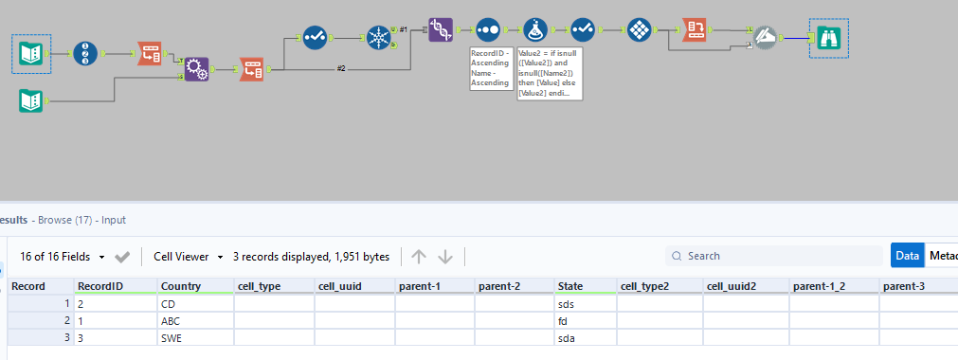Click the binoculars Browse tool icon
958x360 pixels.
(829, 38)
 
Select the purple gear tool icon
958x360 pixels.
(195, 70)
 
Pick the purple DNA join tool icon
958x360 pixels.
(441, 30)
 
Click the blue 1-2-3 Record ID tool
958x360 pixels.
(87, 54)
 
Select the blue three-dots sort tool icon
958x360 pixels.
(487, 30)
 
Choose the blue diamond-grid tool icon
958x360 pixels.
(640, 30)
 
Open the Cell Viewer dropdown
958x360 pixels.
(190, 257)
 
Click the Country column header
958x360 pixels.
(180, 286)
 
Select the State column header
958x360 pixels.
(570, 286)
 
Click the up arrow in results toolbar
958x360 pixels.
(419, 257)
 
